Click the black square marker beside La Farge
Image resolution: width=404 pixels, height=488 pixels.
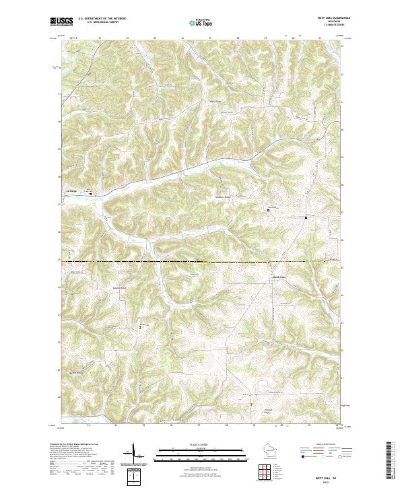pos(91,196)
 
